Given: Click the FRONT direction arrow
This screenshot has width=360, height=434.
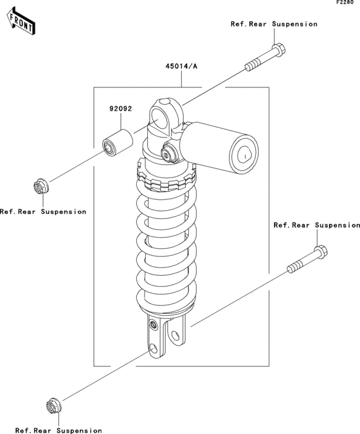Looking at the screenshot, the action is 21,21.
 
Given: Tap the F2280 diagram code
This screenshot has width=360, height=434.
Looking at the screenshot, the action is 345,2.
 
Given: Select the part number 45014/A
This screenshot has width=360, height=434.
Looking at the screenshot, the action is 181,66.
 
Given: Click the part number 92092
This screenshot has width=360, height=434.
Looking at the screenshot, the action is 121,109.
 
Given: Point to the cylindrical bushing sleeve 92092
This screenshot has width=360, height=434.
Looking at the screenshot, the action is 118,143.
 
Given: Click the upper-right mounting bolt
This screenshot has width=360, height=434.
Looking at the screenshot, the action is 265,57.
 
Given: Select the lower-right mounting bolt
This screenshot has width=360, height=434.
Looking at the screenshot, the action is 307,259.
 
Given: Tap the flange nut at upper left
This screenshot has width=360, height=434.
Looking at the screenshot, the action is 41,186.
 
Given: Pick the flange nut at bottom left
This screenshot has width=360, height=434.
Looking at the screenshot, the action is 54,406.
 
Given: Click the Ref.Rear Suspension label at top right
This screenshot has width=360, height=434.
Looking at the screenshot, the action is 274,24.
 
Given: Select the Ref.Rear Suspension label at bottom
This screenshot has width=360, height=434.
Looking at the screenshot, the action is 59,430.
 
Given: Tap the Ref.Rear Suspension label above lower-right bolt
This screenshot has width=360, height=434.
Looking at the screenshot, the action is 317,225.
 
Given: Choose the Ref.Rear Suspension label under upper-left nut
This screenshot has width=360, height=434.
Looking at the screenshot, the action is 43,212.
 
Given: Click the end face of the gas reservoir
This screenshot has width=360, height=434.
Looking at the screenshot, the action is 244,154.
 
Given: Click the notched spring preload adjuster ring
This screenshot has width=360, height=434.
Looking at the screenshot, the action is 166,177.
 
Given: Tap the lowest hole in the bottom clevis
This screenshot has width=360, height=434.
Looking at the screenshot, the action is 153,349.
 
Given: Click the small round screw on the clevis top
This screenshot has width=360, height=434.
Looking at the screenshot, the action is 152,324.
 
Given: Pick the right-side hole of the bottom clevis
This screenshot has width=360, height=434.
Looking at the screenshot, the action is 175,336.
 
